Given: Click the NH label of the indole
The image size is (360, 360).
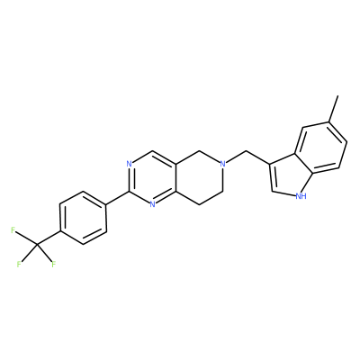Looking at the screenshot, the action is click(301, 196).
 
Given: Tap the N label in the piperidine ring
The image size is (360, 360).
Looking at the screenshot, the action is click(222, 164).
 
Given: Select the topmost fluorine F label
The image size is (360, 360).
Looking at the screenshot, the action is click(13, 230).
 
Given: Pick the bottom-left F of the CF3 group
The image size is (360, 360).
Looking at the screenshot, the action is click(19, 265).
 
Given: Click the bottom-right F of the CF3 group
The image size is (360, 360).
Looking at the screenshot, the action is click(54, 265).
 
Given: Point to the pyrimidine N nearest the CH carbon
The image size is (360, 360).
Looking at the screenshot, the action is click(129, 164).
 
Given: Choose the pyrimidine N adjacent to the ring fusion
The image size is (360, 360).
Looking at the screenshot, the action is click(152, 204).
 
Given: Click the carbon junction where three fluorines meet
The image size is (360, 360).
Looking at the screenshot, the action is click(37, 245).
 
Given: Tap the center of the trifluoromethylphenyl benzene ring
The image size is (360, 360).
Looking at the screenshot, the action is click(83, 218).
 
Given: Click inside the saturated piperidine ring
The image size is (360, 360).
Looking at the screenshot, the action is click(199, 177).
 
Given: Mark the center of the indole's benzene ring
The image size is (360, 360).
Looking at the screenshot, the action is click(321, 148).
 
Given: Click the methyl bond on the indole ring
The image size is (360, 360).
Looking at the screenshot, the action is click(333, 109).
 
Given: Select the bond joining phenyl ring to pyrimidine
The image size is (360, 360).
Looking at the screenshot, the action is click(118, 198).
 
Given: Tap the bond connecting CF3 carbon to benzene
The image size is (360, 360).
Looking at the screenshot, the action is click(49, 238).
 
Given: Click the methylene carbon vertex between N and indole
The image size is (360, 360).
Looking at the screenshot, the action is click(247, 150).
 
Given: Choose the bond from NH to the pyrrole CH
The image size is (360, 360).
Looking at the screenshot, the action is click(283, 193).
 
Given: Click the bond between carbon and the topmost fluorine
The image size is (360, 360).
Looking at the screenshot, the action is click(26, 238).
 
